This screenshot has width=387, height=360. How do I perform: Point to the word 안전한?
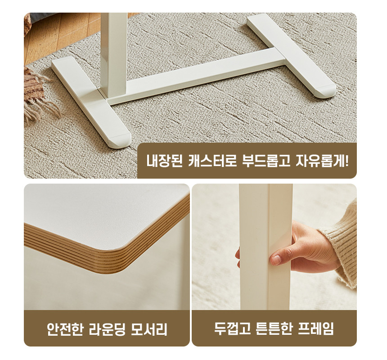pos(65,329)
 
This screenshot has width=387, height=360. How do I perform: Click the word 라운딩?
pos(107,329)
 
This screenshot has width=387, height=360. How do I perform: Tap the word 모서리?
pos(149,329)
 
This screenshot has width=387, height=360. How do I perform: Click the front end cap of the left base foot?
pos(120,141)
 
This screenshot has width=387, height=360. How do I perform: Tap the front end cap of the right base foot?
pos(325,92)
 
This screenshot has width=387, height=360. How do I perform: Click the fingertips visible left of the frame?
pos(238,258)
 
